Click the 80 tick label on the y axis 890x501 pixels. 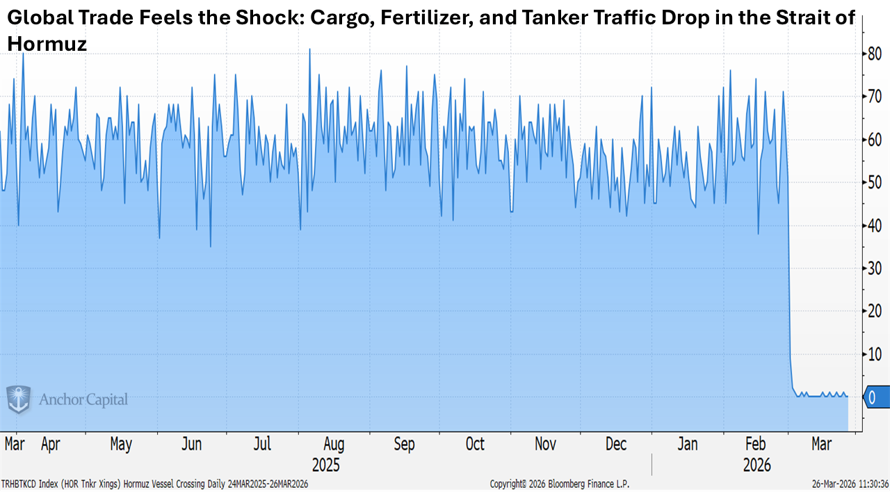pyautogui.click(x=875, y=54)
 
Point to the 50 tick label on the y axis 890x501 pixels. pyautogui.click(x=875, y=182)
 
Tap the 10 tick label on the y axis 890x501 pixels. pyautogui.click(x=875, y=355)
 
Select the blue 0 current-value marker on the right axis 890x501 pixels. pyautogui.click(x=875, y=397)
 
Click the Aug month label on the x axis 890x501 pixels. pyautogui.click(x=334, y=444)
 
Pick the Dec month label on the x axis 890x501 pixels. pyautogui.click(x=617, y=444)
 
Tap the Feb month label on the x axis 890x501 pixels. pyautogui.click(x=756, y=444)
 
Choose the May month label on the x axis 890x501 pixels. pyautogui.click(x=121, y=444)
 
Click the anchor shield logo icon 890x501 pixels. pyautogui.click(x=19, y=399)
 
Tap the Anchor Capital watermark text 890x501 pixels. pyautogui.click(x=83, y=399)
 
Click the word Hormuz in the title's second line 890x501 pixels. pyautogui.click(x=47, y=45)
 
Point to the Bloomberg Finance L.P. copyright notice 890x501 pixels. pyautogui.click(x=559, y=484)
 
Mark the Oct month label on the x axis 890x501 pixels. pyautogui.click(x=475, y=444)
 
